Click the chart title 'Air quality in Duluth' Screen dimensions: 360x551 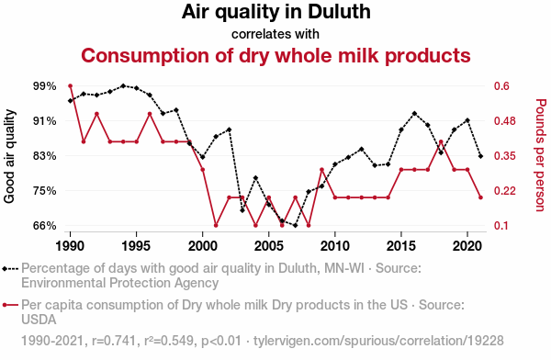275,13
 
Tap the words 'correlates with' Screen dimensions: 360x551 275,34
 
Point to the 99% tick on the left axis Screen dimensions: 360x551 45,86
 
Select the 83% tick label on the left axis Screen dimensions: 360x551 45,156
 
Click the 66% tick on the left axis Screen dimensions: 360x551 45,226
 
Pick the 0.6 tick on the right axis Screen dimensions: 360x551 501,86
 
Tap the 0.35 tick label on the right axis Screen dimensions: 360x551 504,156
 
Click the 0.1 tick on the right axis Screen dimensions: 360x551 501,226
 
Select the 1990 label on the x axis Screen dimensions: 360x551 71,246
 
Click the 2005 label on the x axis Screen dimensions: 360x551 269,246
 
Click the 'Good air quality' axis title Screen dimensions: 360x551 10,156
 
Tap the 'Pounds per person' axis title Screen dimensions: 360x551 540,156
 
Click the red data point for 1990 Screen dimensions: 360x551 71,86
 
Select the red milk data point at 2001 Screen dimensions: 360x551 216,226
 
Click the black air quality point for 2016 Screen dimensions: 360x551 415,113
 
